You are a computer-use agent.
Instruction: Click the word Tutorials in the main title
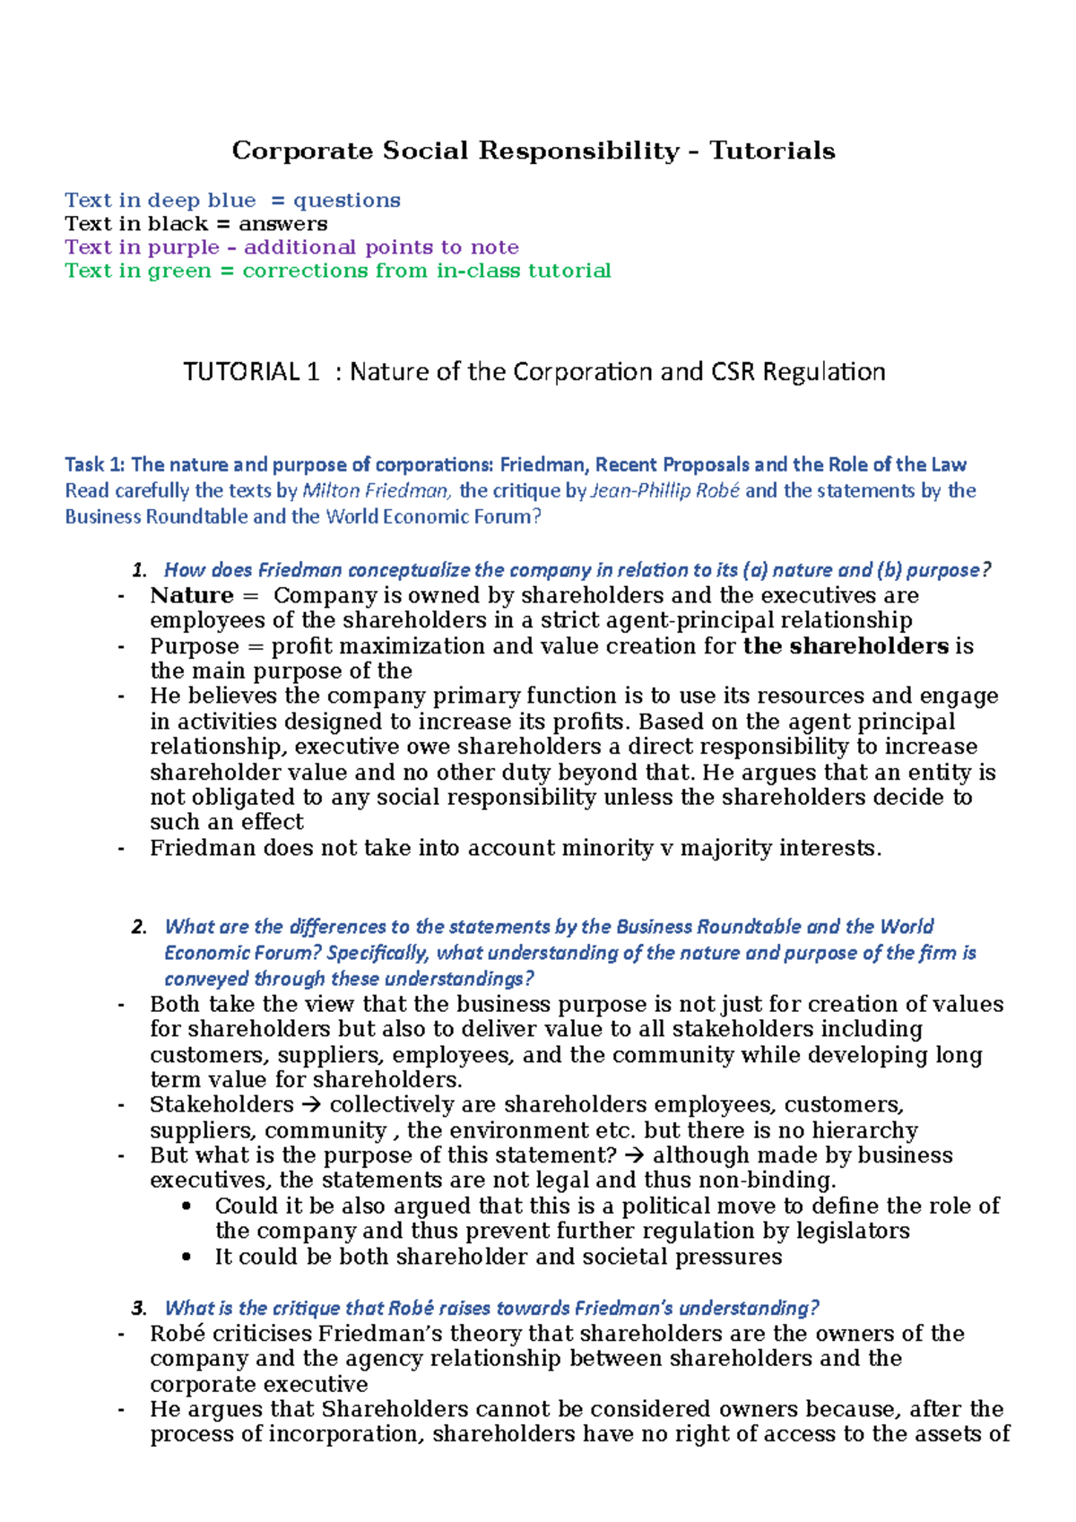[772, 151]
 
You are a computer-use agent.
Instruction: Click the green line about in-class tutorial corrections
[338, 271]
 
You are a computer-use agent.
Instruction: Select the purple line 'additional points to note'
[291, 247]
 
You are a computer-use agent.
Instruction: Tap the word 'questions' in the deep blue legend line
[347, 201]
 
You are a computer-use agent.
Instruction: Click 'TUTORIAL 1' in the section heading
[251, 372]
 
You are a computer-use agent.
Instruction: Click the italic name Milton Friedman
[377, 490]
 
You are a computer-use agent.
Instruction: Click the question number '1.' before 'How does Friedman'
[139, 570]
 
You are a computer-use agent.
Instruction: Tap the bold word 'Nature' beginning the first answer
[192, 595]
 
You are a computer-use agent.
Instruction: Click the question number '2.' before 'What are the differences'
[139, 927]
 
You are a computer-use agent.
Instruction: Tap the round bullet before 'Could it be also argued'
[187, 1206]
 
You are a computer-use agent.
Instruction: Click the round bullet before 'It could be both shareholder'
[187, 1257]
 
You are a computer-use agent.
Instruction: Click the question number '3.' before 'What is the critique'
[139, 1308]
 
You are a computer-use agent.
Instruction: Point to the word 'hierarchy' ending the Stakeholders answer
[864, 1130]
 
